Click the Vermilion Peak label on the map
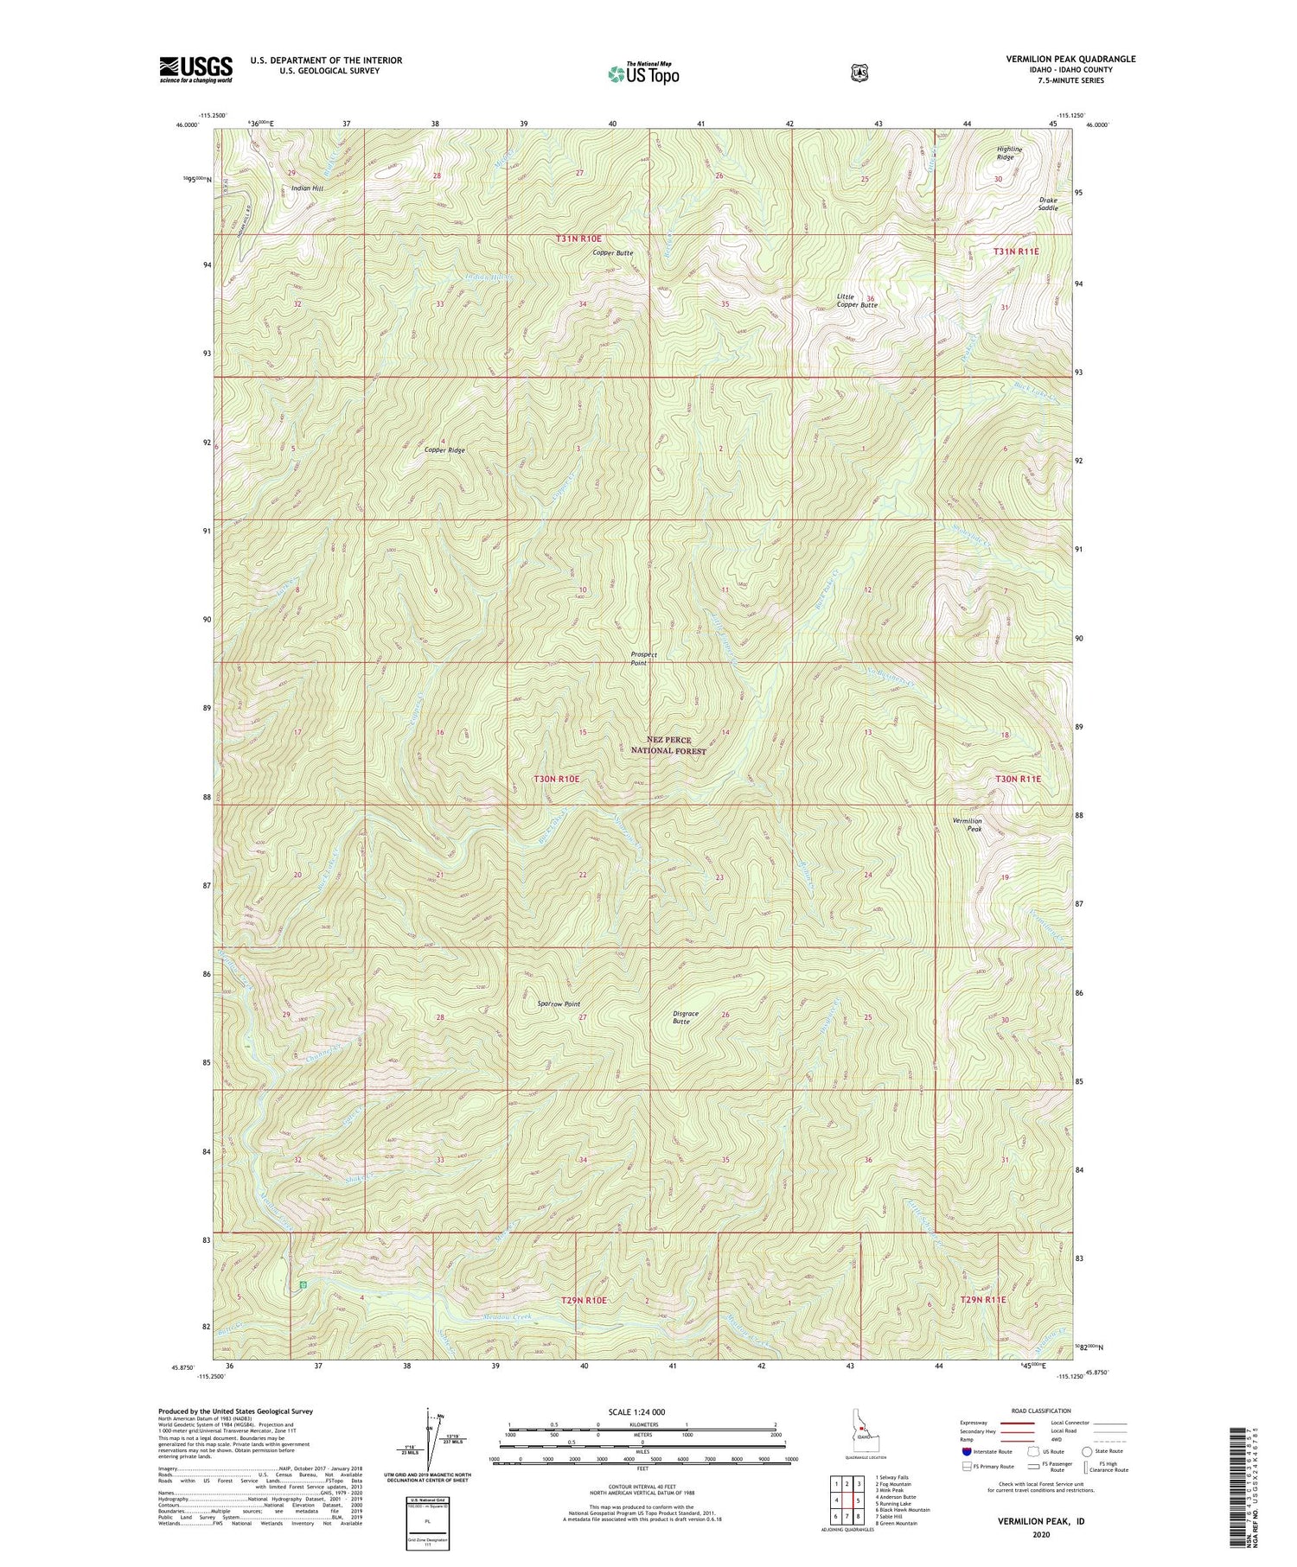[x=967, y=825]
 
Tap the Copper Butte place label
[x=612, y=253]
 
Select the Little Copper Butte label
[x=856, y=301]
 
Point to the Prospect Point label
[x=643, y=659]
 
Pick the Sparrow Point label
[x=559, y=1004]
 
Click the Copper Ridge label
[x=444, y=450]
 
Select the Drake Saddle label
[x=1048, y=204]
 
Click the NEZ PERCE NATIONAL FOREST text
[x=669, y=745]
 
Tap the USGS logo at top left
[x=195, y=69]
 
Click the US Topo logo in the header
[x=643, y=73]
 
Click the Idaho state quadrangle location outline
[x=861, y=1436]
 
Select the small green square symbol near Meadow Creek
[x=303, y=1285]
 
